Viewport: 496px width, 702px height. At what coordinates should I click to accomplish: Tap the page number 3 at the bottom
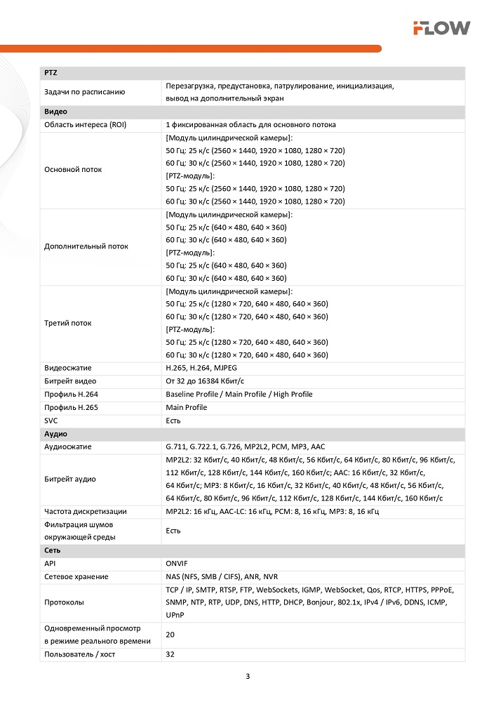pos(248,677)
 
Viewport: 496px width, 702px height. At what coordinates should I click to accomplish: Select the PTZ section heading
pos(51,72)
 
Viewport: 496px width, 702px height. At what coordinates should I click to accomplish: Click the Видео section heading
pos(55,112)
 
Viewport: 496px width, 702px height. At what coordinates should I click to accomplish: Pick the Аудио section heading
pos(55,434)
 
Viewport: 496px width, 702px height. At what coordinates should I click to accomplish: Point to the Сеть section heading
pos(52,550)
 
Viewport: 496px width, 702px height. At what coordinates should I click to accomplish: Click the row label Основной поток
pos(73,169)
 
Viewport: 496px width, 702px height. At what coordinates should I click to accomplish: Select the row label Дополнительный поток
pos(86,246)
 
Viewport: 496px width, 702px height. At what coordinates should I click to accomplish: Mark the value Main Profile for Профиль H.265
pos(187,407)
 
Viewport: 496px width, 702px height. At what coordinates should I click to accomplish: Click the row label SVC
pos(51,420)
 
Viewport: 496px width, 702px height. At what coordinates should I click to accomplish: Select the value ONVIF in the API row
pos(177,563)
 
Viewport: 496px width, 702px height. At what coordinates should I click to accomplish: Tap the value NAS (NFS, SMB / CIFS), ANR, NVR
pos(222,576)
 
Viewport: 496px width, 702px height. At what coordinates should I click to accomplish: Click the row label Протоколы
pos(64,602)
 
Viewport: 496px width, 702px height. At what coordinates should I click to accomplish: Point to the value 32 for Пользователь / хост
pos(170,654)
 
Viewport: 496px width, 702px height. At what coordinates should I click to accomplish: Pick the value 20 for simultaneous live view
pos(170,635)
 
